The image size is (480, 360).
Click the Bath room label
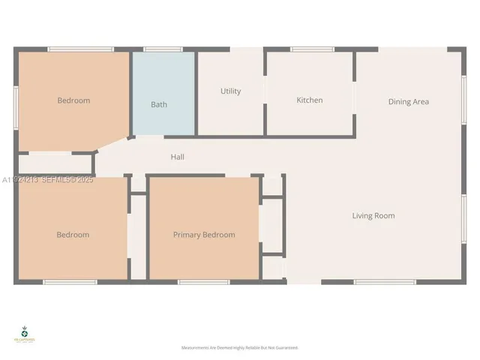(159, 104)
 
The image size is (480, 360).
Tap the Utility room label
(230, 91)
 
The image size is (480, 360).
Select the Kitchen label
(310, 100)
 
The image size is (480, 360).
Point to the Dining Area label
(409, 101)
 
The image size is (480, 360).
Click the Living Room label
(373, 216)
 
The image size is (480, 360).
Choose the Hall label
(177, 157)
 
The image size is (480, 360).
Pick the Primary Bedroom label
(204, 235)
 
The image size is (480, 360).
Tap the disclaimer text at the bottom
(240, 348)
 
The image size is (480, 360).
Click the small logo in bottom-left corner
(25, 334)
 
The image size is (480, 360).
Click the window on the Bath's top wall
(163, 49)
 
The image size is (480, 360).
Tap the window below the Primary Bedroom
(203, 282)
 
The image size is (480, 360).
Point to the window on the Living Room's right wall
(464, 218)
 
